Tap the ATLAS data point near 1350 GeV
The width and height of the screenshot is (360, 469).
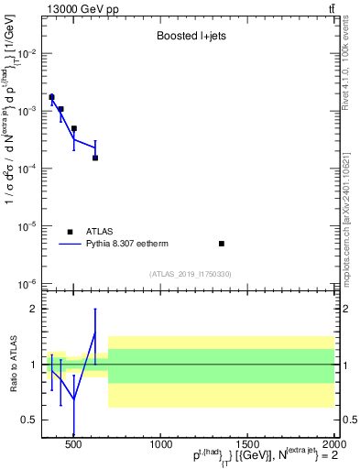coord(222,244)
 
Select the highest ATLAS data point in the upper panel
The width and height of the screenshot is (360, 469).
coord(52,97)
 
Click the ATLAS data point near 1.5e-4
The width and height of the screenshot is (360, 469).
coord(95,158)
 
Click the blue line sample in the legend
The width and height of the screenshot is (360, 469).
coord(70,245)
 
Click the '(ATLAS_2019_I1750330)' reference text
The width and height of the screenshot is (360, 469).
coord(191,274)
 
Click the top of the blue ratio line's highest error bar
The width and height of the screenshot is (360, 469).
coord(95,309)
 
